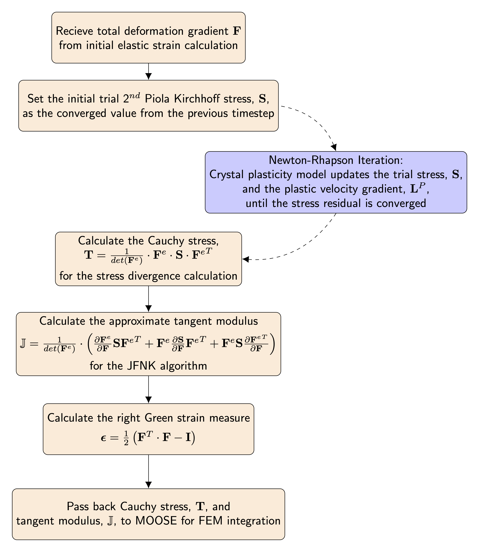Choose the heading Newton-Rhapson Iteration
336,160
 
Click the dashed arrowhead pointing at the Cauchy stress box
245,259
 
